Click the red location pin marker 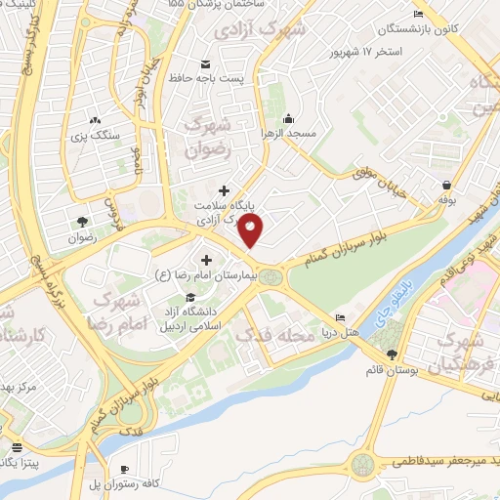(x=252, y=231)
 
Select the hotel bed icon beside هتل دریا (x=340, y=318)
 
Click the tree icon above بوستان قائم (x=392, y=354)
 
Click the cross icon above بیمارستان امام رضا (x=206, y=260)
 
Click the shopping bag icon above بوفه (x=446, y=184)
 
